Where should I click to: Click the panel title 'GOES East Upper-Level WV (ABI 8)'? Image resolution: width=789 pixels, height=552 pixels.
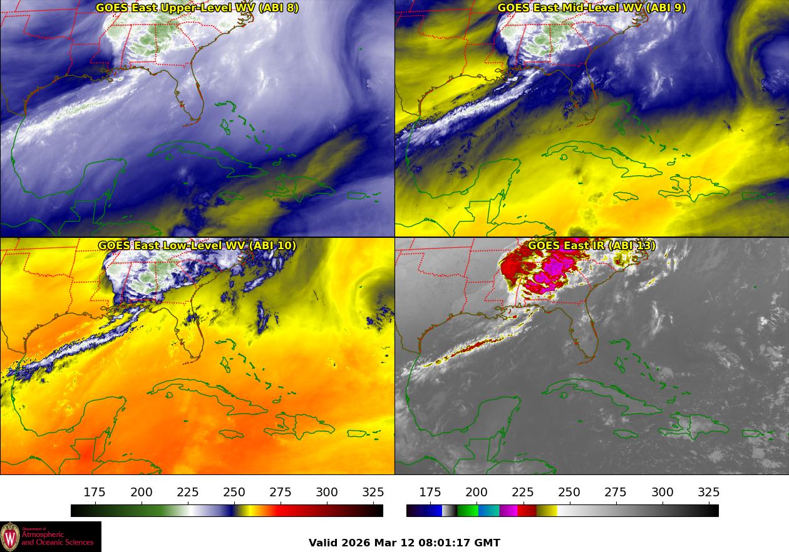(197, 8)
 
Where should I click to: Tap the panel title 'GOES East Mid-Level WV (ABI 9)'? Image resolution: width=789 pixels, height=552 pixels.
(591, 8)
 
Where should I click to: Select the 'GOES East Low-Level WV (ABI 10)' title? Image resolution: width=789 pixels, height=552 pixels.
(197, 245)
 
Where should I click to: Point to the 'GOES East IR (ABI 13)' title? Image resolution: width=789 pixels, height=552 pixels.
(591, 245)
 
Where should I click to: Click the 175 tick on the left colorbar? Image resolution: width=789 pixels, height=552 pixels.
(95, 493)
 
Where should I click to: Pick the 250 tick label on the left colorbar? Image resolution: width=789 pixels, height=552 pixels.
(234, 493)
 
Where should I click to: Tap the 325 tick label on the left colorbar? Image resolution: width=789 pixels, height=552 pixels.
(373, 493)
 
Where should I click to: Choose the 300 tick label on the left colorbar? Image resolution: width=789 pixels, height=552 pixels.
(327, 493)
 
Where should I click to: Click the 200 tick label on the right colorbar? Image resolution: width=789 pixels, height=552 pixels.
(477, 493)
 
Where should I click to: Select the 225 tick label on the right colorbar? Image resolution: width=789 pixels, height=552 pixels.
(523, 493)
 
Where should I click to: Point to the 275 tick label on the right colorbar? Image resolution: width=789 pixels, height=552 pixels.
(616, 493)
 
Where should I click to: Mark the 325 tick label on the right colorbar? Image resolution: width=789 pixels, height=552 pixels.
(709, 493)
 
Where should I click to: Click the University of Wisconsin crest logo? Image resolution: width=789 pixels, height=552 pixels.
(10, 537)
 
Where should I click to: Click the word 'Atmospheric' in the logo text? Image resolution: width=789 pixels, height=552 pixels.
(43, 535)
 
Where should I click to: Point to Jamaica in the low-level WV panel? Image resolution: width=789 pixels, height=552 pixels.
(232, 434)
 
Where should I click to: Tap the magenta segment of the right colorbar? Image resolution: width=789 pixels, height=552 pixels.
(508, 511)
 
